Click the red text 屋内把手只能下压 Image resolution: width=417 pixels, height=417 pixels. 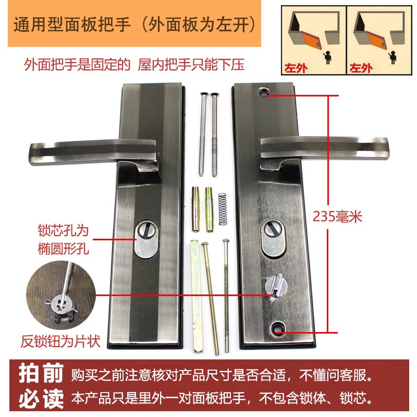pyautogui.click(x=191, y=65)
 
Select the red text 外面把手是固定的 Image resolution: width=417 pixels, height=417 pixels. pyautogui.click(x=77, y=65)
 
